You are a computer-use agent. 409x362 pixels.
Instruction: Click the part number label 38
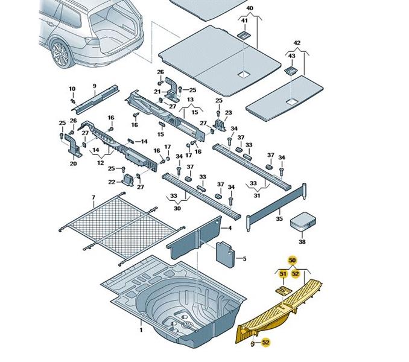[x=302, y=241]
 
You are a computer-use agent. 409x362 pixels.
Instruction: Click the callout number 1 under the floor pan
[x=141, y=330]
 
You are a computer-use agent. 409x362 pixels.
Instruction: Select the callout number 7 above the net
[x=93, y=198]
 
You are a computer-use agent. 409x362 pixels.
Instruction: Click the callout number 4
[x=229, y=229]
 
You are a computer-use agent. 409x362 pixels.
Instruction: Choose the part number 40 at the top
[x=250, y=9]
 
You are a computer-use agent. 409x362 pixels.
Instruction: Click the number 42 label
[x=296, y=43]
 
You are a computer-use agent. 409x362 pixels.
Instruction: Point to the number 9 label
[x=94, y=86]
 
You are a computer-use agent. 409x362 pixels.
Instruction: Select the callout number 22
[x=112, y=182]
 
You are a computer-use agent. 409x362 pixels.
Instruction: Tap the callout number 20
[x=73, y=163]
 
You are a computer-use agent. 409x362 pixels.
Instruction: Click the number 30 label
[x=177, y=208]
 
